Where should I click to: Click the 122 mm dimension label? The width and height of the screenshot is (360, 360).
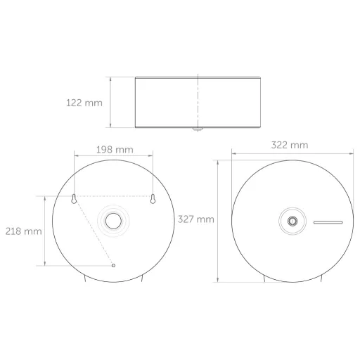[x=84, y=103]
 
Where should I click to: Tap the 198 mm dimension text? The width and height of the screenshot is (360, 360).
[x=115, y=150]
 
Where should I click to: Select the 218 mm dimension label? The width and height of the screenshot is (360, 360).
[x=24, y=231]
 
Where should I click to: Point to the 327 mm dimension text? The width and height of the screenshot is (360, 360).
[x=196, y=219]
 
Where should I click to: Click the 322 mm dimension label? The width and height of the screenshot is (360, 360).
[x=290, y=145]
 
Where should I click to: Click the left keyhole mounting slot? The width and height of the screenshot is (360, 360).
[x=74, y=199]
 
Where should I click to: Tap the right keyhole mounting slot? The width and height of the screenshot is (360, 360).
[x=153, y=199]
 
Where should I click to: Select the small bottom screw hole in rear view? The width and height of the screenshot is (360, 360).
[x=113, y=266]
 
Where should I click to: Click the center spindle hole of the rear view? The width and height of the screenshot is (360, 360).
[x=113, y=221]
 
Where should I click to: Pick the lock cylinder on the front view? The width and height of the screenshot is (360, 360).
[x=292, y=221]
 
